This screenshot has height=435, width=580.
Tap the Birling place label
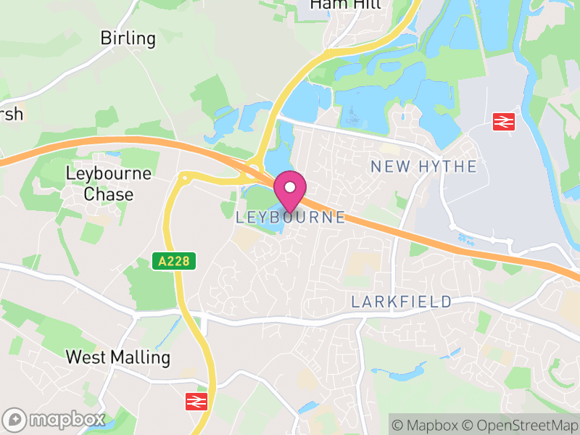pyautogui.click(x=128, y=38)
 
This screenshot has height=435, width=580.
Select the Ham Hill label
pyautogui.click(x=345, y=4)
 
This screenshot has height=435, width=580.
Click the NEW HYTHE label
pyautogui.click(x=423, y=167)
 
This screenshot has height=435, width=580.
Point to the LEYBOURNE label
pyautogui.click(x=291, y=217)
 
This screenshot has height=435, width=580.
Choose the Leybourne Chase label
pyautogui.click(x=109, y=184)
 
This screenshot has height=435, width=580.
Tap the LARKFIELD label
pyautogui.click(x=401, y=302)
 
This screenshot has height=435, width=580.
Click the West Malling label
pyautogui.click(x=117, y=357)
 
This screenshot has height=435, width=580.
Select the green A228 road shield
pyautogui.click(x=175, y=262)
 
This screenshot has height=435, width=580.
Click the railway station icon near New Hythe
pyautogui.click(x=503, y=122)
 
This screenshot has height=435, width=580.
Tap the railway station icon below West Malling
pyautogui.click(x=196, y=401)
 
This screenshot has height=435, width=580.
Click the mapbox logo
pyautogui.click(x=54, y=419)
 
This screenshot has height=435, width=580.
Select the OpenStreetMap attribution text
pyautogui.click(x=523, y=425)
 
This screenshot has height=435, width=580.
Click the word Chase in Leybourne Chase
pyautogui.click(x=109, y=194)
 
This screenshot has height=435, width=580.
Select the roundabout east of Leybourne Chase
pyautogui.click(x=185, y=176)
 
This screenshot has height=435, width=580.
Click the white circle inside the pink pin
pyautogui.click(x=290, y=187)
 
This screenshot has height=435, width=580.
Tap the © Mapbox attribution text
pyautogui.click(x=431, y=425)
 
